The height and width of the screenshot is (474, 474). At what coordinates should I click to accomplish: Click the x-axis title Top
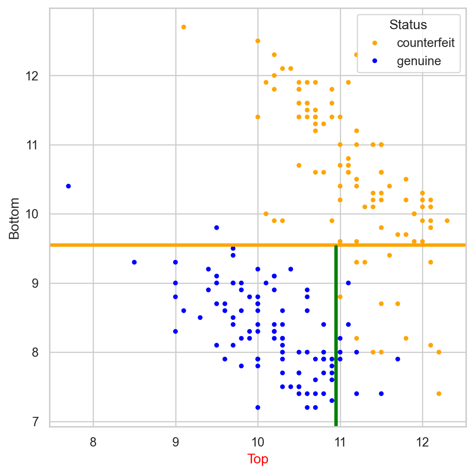258,459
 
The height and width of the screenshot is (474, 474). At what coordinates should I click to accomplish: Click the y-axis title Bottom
14,218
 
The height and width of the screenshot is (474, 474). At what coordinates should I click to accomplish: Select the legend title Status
408,25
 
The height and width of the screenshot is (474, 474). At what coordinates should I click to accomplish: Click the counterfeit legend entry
425,43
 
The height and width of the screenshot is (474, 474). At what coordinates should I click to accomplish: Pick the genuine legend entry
419,61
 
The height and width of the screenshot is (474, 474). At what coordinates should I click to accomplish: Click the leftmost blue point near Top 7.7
69,186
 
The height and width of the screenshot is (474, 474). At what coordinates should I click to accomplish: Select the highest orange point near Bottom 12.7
184,27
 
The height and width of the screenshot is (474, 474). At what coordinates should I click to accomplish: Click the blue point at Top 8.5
134,262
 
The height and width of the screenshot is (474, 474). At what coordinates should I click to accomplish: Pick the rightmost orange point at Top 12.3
447,221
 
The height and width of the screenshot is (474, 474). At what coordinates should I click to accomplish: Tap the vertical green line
336,339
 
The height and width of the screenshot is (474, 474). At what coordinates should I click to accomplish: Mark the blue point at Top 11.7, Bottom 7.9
398,359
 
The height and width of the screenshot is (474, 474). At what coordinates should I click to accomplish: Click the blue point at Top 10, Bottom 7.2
258,408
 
